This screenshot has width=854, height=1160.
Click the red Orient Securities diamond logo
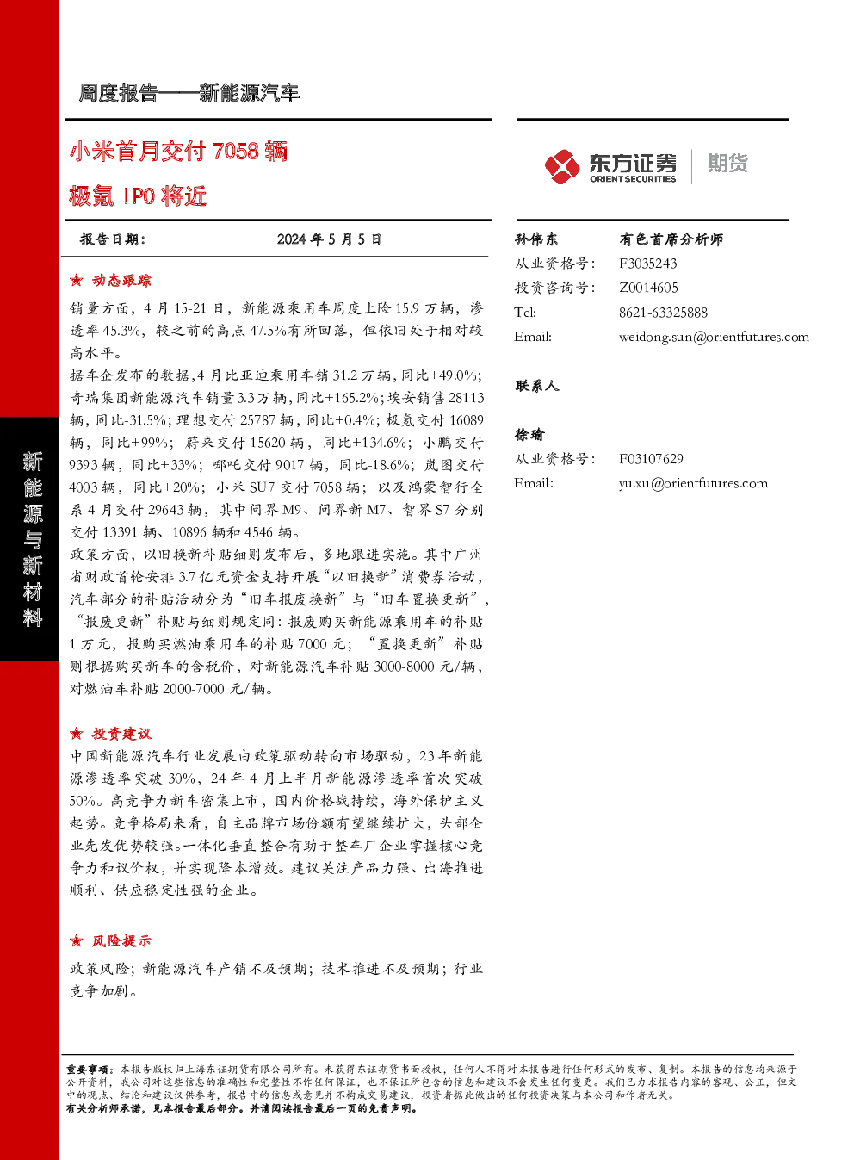pos(562,166)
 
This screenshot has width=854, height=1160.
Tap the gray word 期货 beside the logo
pos(727,163)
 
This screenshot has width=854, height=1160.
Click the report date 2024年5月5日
pos(329,239)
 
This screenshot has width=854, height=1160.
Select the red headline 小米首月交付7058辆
pos(178,152)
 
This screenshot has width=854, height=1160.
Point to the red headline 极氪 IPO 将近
pos(139,195)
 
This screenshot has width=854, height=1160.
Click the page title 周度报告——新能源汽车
pos(189,93)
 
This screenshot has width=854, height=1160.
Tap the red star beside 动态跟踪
pos(77,281)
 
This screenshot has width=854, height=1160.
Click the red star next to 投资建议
pos(77,734)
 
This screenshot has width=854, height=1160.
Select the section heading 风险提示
pos(121,941)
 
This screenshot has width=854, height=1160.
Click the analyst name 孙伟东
pos(536,239)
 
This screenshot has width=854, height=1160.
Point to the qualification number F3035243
pos(648,264)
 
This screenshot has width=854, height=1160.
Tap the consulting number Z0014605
pos(648,288)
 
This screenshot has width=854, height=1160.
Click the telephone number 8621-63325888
pos(663,313)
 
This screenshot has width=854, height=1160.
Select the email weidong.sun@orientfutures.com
pos(714,337)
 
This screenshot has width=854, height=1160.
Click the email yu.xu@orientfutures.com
pos(693,484)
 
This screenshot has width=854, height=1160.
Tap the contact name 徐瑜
pos(529,435)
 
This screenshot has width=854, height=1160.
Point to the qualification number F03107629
pos(651,459)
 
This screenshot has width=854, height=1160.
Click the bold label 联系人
pos(536,386)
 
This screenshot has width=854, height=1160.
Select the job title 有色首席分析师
pos(671,239)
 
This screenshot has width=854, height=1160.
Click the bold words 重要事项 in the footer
pos(87,1070)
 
